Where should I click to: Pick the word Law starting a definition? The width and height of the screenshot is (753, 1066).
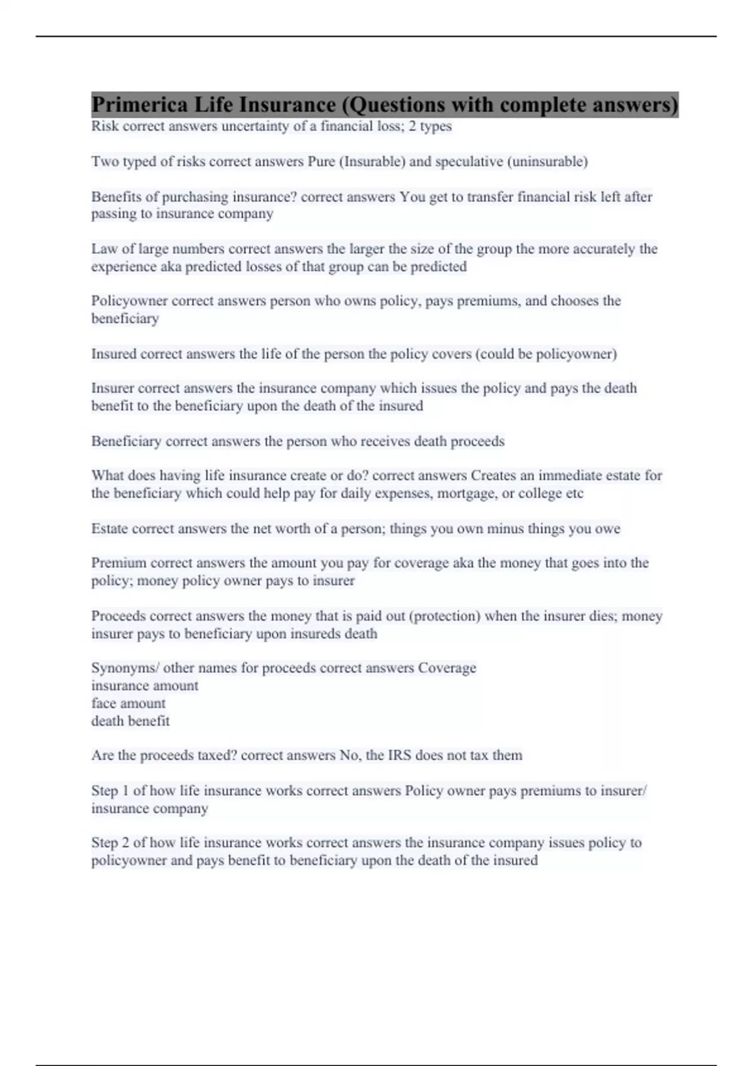click(104, 249)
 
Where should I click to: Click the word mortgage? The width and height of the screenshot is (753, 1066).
click(464, 493)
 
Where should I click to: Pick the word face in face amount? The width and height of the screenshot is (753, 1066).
click(104, 704)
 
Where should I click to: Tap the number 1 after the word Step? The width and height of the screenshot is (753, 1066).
click(126, 791)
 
